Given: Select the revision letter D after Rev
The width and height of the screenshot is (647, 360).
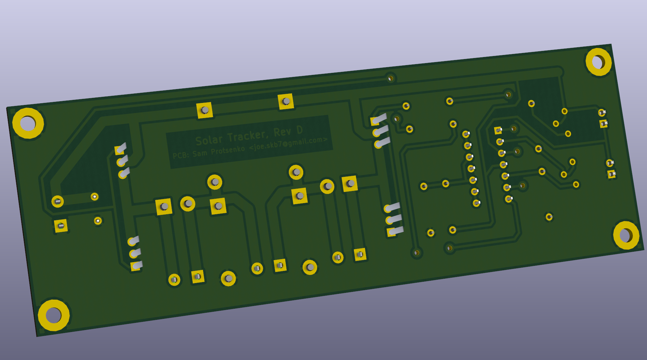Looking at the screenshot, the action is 300,130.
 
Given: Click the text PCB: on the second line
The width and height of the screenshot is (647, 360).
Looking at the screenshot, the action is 180,155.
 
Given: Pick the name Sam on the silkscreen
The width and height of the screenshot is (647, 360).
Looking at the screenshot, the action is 200,153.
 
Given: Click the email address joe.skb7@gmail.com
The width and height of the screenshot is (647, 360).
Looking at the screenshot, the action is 288,143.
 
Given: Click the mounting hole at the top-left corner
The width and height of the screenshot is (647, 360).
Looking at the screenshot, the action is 28,123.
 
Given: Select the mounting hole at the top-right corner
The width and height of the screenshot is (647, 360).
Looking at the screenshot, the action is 598,62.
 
